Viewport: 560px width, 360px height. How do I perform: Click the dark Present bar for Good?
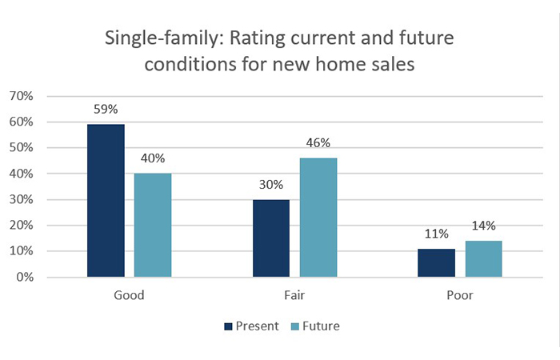click(x=106, y=201)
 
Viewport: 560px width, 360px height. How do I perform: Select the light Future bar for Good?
click(x=153, y=226)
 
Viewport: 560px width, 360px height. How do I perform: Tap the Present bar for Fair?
click(x=271, y=238)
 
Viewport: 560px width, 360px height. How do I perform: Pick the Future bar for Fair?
click(x=318, y=218)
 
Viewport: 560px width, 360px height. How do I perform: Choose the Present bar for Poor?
click(x=436, y=263)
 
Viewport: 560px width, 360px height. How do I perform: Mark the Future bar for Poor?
click(x=483, y=259)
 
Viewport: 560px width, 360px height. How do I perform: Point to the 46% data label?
click(x=318, y=144)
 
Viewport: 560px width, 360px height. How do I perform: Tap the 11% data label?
click(x=436, y=235)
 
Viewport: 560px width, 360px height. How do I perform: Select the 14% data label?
click(x=483, y=227)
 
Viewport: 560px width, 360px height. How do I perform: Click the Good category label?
click(x=130, y=295)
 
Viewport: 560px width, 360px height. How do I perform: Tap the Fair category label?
click(x=294, y=295)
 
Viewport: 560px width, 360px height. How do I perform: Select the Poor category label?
click(x=460, y=295)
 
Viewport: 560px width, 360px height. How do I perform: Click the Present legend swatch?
click(x=228, y=326)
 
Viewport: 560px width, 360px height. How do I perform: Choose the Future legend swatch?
click(x=294, y=326)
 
